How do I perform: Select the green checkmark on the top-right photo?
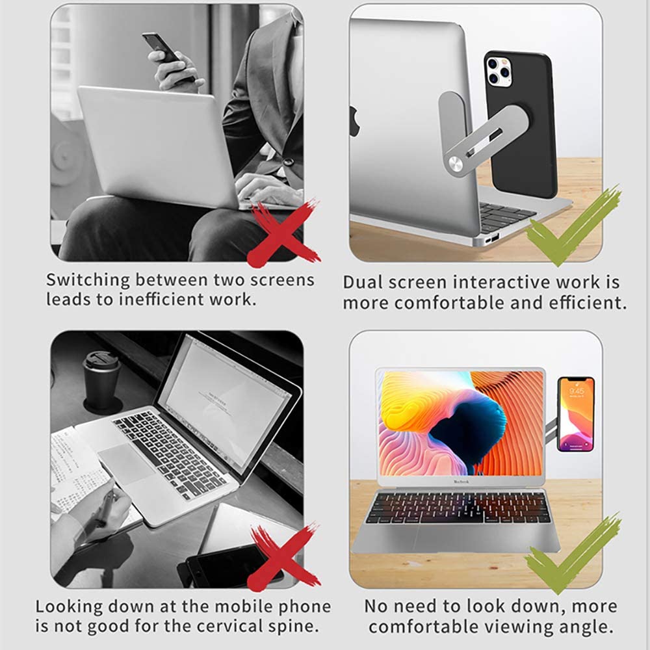click(572, 225)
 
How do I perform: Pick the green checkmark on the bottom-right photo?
click(572, 553)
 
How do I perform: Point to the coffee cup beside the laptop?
click(101, 380)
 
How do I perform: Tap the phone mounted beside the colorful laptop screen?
click(575, 414)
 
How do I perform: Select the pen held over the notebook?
click(105, 507)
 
